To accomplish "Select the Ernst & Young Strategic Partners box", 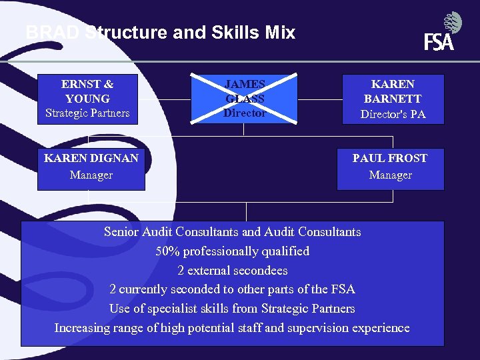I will [87, 99].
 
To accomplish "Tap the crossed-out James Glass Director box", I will [244, 99].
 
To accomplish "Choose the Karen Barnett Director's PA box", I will [393, 99].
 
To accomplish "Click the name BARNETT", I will [393, 99].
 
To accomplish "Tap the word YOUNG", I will [87, 99].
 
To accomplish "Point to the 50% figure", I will [167, 251].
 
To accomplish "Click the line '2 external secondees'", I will [233, 271].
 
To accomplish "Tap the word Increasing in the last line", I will [83, 328].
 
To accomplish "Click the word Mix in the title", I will [279, 33].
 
